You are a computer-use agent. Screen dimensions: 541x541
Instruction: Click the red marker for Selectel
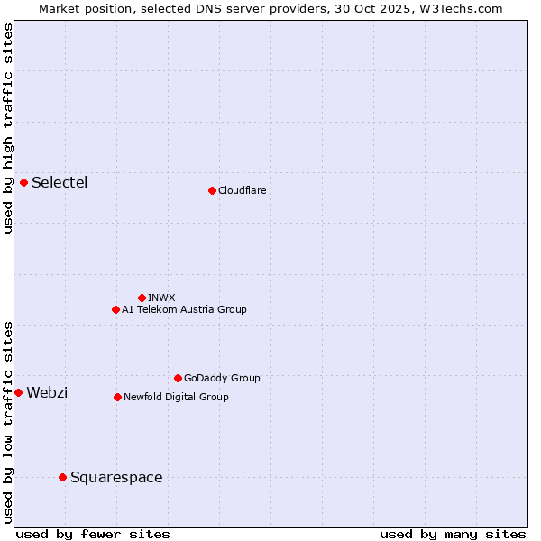pyautogui.click(x=24, y=183)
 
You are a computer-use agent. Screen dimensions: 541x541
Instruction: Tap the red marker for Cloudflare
pyautogui.click(x=212, y=190)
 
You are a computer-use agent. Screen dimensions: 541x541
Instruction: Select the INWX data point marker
pyautogui.click(x=142, y=298)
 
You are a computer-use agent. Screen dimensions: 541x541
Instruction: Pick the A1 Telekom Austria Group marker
pyautogui.click(x=115, y=309)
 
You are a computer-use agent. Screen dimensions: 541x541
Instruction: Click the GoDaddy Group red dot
pyautogui.click(x=178, y=378)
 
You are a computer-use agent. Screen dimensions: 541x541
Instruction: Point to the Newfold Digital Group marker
pyautogui.click(x=117, y=397)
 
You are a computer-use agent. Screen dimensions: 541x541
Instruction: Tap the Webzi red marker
pyautogui.click(x=19, y=392)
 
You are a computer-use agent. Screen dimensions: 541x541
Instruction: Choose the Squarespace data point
pyautogui.click(x=62, y=477)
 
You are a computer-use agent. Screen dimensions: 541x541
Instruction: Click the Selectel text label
pyautogui.click(x=60, y=183)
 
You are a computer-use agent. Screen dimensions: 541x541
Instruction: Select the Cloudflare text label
pyautogui.click(x=242, y=190)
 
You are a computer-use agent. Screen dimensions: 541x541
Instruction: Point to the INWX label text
pyautogui.click(x=161, y=298)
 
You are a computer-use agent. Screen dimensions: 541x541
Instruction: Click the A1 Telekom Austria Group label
pyautogui.click(x=184, y=309)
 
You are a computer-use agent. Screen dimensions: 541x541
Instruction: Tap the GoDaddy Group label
pyautogui.click(x=222, y=378)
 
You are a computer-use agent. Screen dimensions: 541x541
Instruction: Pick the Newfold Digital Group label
pyautogui.click(x=176, y=397)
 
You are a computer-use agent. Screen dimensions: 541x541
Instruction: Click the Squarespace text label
pyautogui.click(x=116, y=477)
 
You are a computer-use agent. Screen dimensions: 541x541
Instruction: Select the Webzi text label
pyautogui.click(x=47, y=392)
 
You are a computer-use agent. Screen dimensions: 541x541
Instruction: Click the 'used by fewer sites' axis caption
pyautogui.click(x=93, y=534)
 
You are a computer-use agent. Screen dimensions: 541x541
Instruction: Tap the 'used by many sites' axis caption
pyautogui.click(x=453, y=534)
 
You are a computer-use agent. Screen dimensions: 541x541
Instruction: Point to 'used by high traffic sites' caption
pyautogui.click(x=9, y=128)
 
